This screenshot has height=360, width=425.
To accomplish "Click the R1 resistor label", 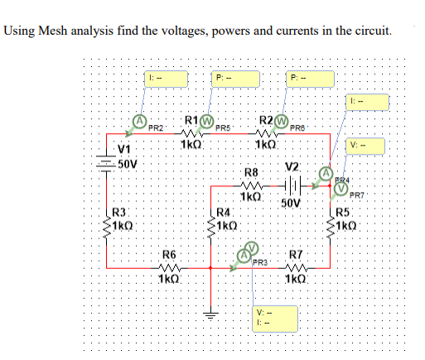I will (190, 118).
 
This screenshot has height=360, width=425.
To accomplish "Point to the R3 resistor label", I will (120, 213).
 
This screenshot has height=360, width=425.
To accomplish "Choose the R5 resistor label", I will (342, 213).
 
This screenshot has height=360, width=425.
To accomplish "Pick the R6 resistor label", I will (169, 253).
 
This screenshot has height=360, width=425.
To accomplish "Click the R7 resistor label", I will (296, 253).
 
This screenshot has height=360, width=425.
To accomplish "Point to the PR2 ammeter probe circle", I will (142, 120).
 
